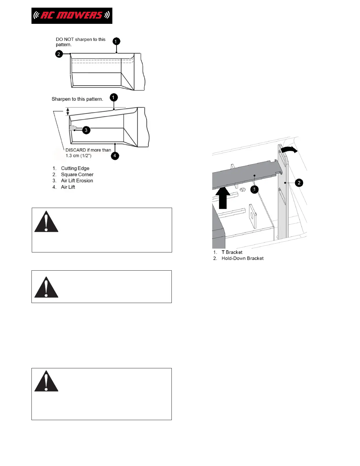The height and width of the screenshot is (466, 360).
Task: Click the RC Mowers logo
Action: coord(72,16)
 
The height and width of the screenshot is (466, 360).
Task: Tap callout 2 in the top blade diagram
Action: coord(59,54)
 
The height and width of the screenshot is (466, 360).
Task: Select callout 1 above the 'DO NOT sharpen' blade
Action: coord(116,41)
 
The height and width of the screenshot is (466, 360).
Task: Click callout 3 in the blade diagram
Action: coord(86,130)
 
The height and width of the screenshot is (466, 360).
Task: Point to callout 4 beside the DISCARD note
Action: coord(115,156)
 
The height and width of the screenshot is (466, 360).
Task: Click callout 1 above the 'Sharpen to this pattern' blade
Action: coord(114,97)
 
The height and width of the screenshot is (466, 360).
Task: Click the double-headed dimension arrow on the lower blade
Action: coord(68,111)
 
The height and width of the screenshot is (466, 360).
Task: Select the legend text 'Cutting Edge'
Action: coord(75,168)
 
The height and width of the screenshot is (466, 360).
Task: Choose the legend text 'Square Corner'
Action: coord(77,174)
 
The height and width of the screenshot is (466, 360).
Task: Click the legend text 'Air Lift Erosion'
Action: coord(77,181)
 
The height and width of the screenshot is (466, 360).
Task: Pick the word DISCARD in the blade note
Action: coord(76,150)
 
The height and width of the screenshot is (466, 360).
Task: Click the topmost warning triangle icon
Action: coord(46,222)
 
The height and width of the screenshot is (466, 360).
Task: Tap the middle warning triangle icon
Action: coord(46,287)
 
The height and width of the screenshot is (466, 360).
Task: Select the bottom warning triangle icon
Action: coord(46,381)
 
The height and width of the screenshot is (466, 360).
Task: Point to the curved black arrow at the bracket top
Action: coord(289,150)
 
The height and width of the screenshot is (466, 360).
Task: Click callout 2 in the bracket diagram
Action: coord(299,183)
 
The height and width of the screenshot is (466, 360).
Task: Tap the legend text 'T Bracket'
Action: coord(232,252)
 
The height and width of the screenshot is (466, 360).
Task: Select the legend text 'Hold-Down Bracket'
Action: coord(242,258)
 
